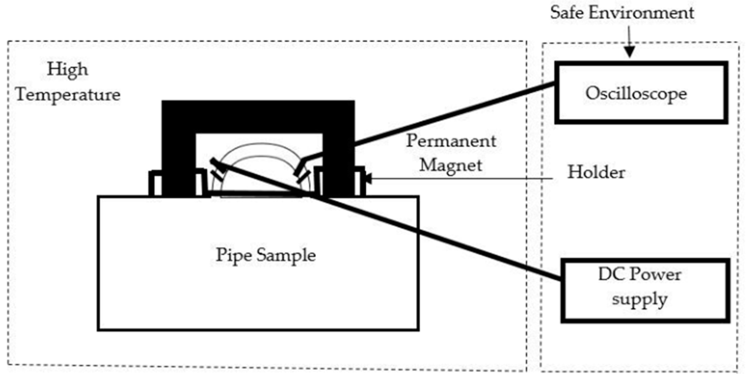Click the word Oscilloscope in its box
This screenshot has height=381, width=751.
(636, 94)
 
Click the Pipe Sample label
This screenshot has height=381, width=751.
(266, 255)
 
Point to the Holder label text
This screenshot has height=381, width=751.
(596, 172)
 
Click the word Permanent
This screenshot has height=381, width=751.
(451, 141)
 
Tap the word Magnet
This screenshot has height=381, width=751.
(451, 165)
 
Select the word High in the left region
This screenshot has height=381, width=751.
(67, 70)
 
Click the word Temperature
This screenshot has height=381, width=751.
(68, 95)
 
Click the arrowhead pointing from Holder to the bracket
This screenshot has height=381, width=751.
(368, 178)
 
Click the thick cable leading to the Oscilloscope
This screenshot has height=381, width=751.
(453, 115)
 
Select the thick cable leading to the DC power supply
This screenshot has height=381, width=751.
(435, 237)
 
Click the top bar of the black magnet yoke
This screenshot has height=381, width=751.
(258, 117)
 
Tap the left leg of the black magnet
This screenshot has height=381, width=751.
(178, 163)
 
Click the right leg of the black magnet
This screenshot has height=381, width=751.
(338, 163)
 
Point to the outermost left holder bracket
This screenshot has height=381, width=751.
(155, 183)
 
